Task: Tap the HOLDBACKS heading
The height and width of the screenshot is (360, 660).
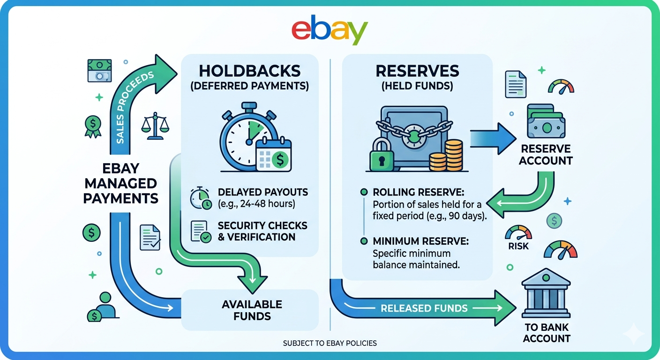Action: pyautogui.click(x=249, y=71)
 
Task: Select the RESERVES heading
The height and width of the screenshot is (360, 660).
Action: pyautogui.click(x=417, y=71)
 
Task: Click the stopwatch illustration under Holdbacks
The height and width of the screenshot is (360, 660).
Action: pyautogui.click(x=249, y=137)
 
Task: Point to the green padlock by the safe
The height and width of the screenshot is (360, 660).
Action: pyautogui.click(x=382, y=154)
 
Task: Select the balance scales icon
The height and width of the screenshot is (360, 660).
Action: pyautogui.click(x=155, y=126)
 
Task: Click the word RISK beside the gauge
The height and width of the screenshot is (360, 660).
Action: pyautogui.click(x=518, y=246)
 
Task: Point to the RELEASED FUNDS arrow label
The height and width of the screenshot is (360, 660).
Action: pyautogui.click(x=424, y=308)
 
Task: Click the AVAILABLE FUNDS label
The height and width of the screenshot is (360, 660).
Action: pyautogui.click(x=252, y=310)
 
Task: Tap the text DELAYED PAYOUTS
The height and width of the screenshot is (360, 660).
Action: pyautogui.click(x=263, y=192)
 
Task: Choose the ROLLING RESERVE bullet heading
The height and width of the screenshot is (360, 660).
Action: pyautogui.click(x=419, y=192)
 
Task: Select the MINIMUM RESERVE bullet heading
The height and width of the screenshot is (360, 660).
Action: pyautogui.click(x=420, y=241)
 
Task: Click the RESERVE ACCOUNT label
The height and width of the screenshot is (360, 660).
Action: pyautogui.click(x=546, y=155)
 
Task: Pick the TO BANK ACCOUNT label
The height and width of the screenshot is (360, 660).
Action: pyautogui.click(x=547, y=333)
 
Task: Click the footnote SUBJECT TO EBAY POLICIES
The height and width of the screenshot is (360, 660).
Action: pyautogui.click(x=330, y=343)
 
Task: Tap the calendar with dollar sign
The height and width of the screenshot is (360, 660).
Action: pyautogui.click(x=274, y=155)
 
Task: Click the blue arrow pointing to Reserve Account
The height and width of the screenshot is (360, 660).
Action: pyautogui.click(x=493, y=138)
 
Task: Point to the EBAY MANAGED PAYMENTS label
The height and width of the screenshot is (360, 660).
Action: pyautogui.click(x=120, y=184)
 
